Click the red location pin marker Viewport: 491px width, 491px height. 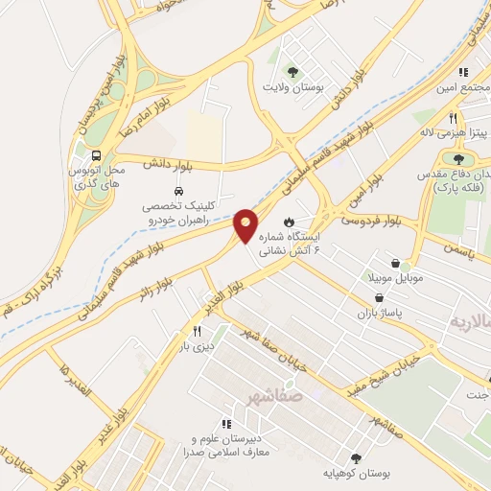pos(245,224)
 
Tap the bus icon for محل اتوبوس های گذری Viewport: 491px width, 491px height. pos(96,155)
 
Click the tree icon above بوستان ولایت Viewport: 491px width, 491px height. pos(292,71)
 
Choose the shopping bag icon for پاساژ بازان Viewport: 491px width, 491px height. pos(382,298)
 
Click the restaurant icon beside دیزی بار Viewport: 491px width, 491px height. pos(197,332)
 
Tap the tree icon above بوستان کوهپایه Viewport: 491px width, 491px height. pos(357,459)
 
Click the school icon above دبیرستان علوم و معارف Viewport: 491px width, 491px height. pos(226,423)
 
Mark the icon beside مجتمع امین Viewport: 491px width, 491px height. pos(462,72)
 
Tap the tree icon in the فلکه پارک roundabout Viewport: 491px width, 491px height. pos(458,159)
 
